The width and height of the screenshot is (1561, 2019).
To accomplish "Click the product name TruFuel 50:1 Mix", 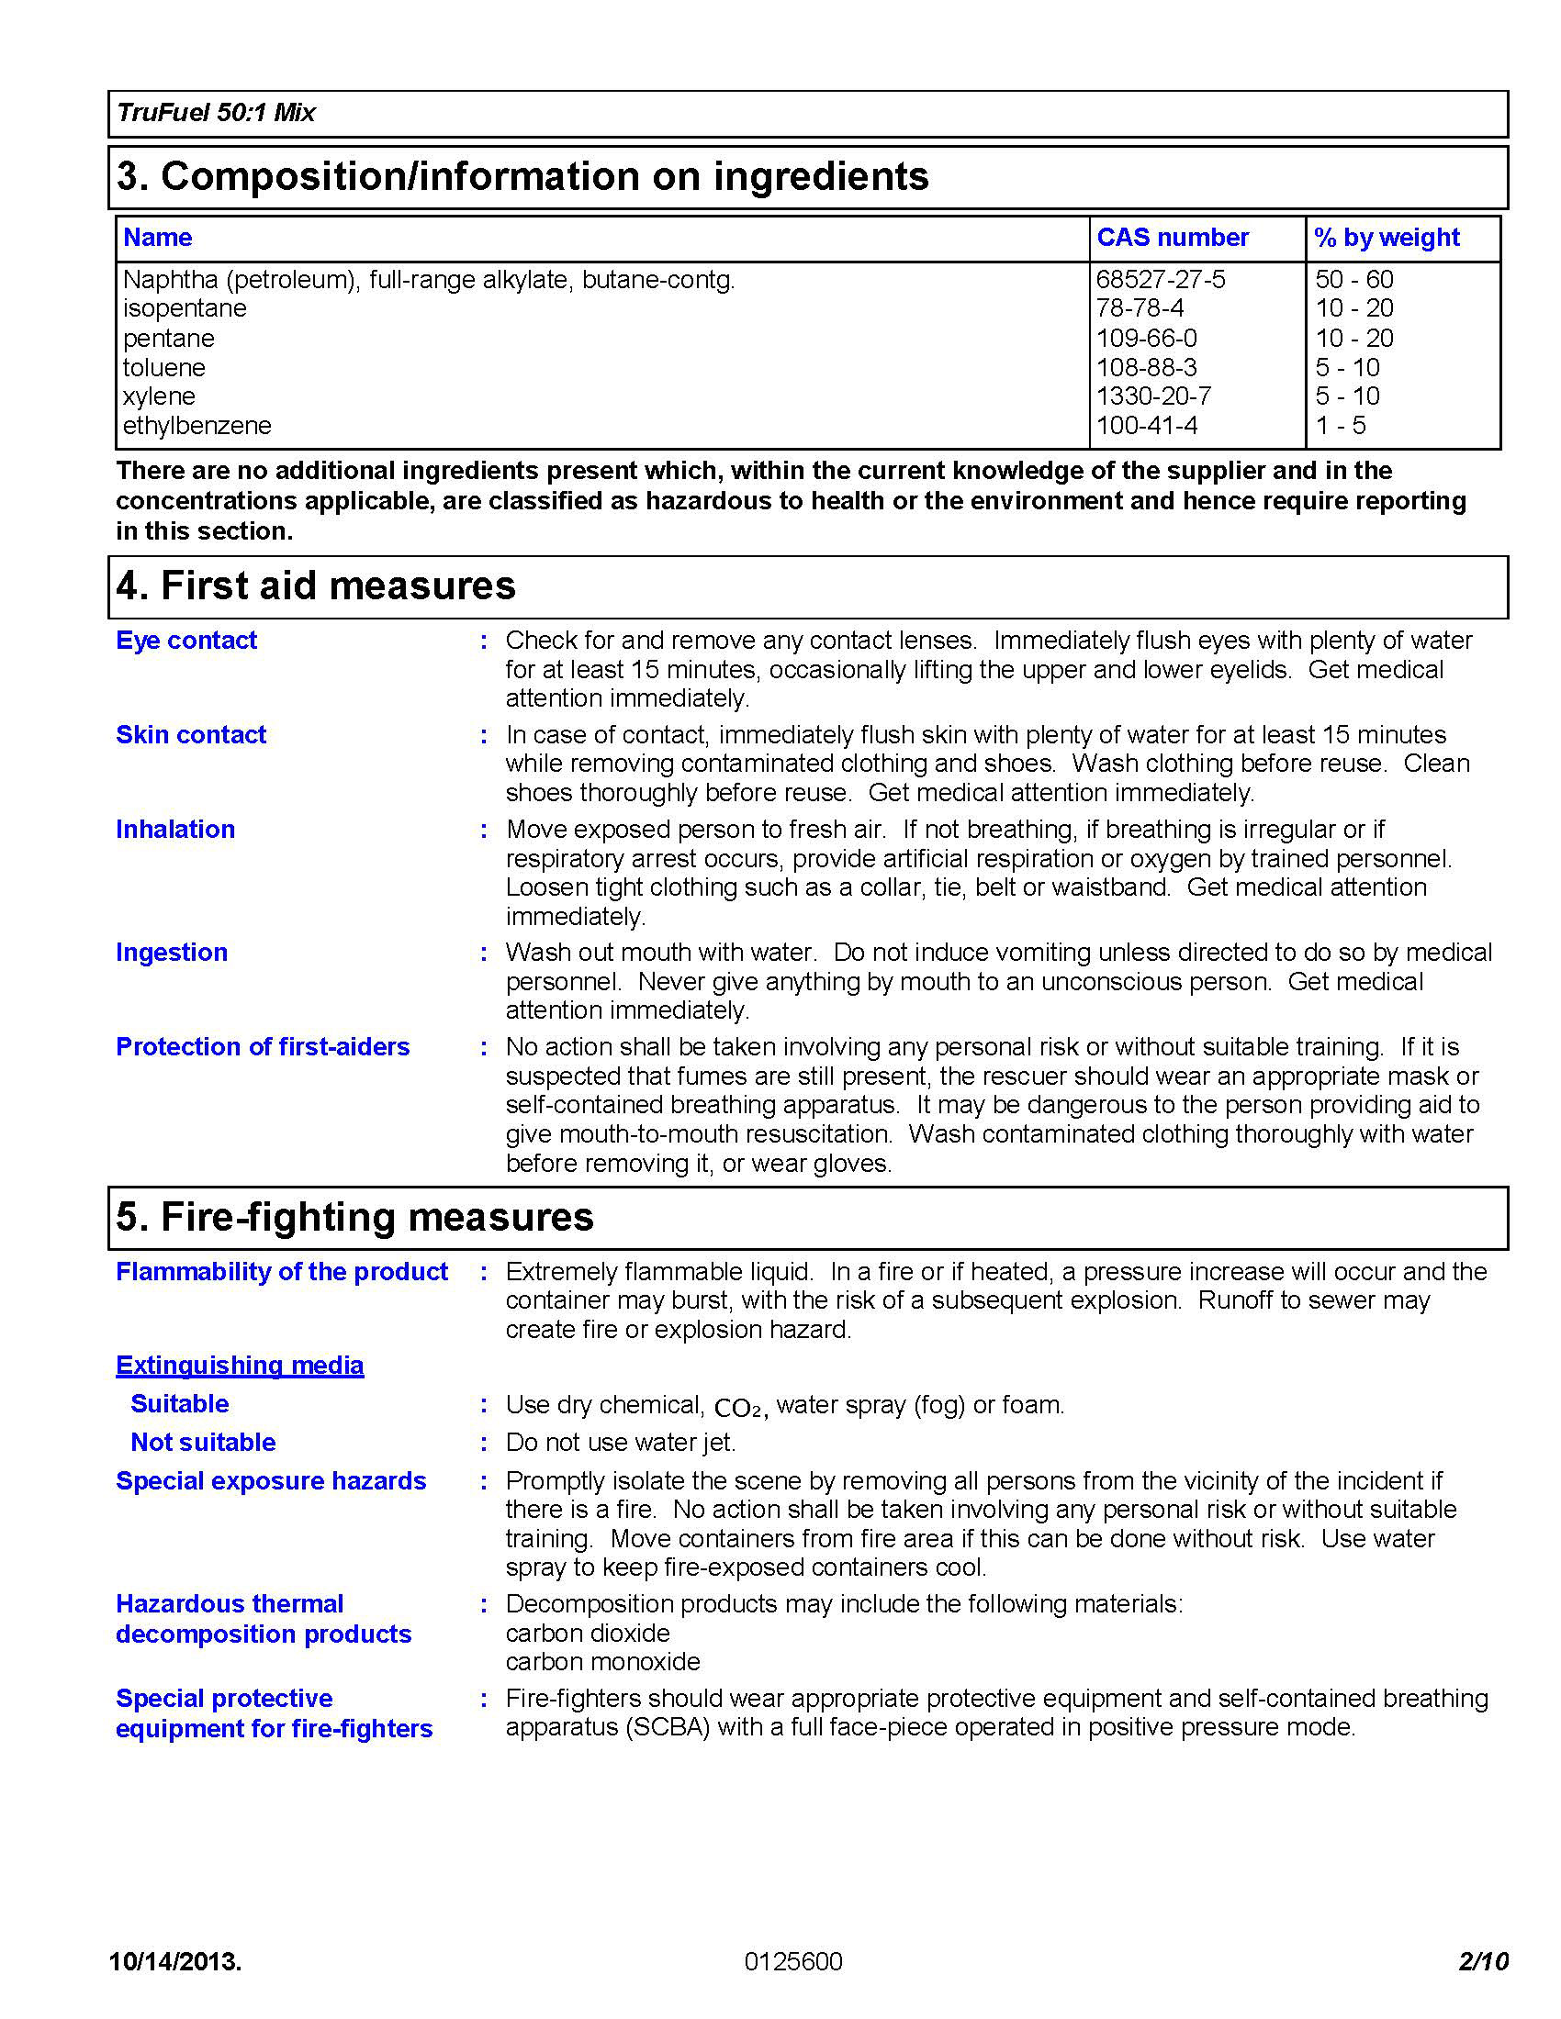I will pos(216,113).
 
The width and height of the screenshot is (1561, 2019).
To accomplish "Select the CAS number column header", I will pos(1172,238).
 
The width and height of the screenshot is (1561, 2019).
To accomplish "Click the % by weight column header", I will pos(1387,238).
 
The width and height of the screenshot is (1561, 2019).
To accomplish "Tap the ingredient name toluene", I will pos(163,367).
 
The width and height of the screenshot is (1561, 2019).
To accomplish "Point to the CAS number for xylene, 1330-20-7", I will pos(1152,396).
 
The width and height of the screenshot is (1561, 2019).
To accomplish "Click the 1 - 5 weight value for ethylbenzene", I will pos(1340,425).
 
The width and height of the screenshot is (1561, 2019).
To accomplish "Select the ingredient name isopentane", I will pos(184,307).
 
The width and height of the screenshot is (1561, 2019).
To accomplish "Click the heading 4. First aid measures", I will pos(315,586).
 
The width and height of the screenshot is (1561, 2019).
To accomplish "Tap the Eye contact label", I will pos(185,640).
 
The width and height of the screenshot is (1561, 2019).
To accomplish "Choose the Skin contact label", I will pos(190,734).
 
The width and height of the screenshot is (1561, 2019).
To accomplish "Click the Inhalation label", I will pos(174,830).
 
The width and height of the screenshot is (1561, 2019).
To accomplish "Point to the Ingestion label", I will pos(171,953).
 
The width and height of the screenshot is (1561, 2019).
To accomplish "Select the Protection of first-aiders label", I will pos(263,1046).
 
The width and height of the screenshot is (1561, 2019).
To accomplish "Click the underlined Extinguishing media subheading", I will pos(240,1366).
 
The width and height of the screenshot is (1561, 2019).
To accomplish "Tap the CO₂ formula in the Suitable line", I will pos(739,1408).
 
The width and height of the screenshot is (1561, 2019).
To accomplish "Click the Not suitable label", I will pos(203,1442).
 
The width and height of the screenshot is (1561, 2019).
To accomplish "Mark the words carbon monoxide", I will pos(602,1661).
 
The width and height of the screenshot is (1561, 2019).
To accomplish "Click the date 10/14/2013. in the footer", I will pos(174,1962).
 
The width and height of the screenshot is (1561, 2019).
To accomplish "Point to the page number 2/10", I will pos(1482,1961).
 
